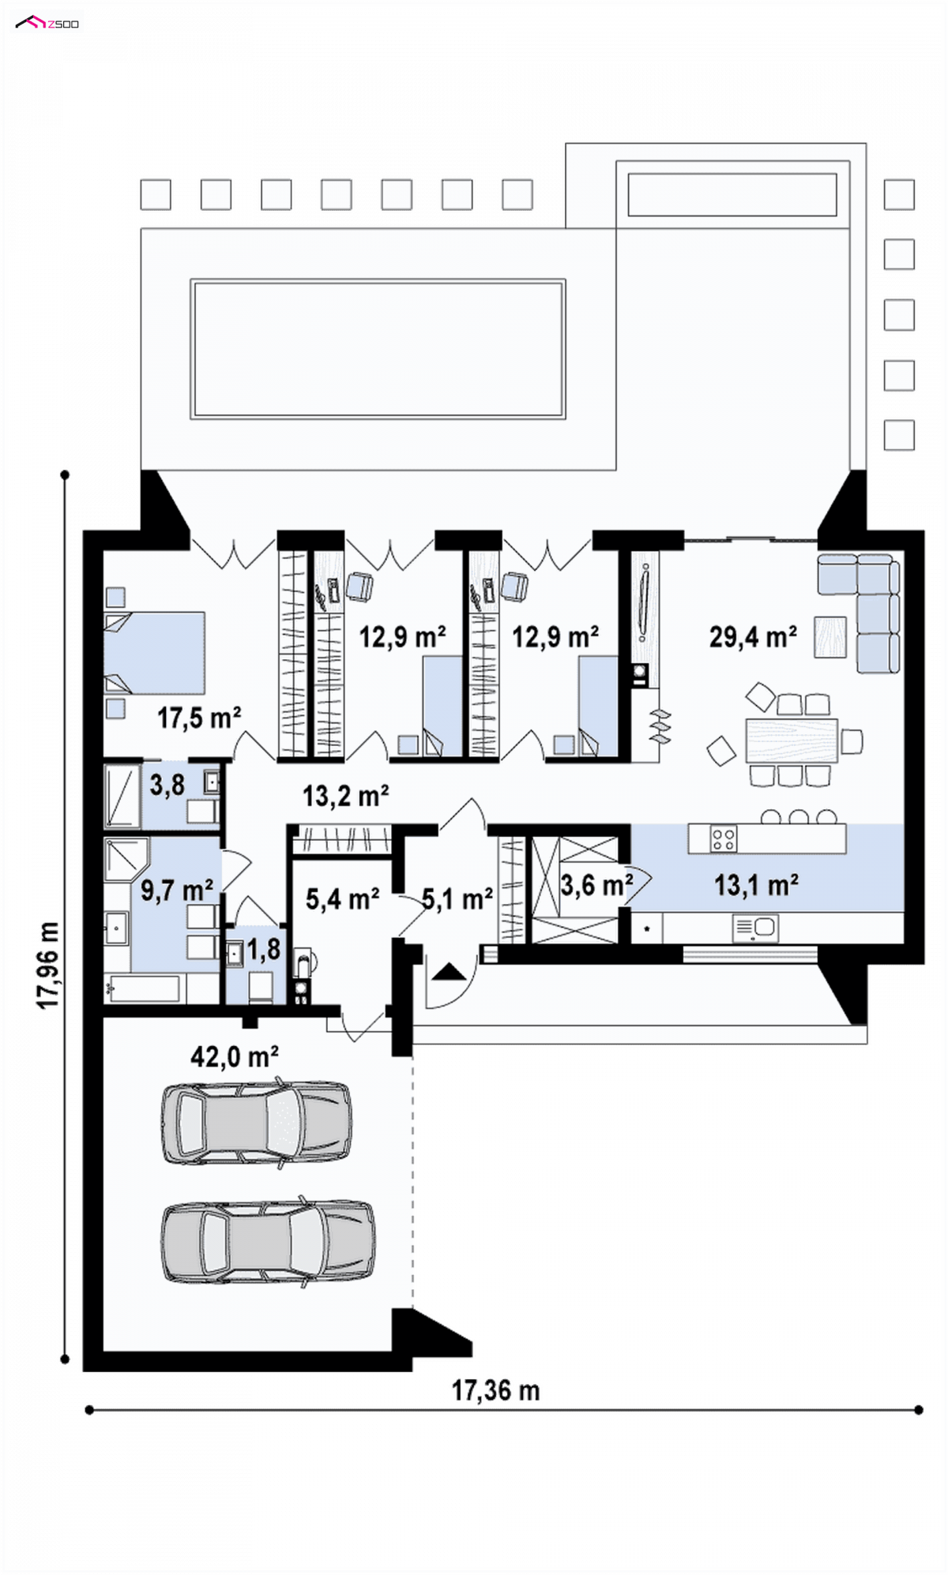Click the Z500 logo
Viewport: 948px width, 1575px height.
(47, 23)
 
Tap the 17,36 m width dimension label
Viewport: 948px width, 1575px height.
(495, 1390)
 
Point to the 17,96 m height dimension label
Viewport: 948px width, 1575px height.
(48, 965)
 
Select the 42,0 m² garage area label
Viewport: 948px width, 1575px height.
(235, 1056)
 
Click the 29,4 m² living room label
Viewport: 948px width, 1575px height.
(753, 636)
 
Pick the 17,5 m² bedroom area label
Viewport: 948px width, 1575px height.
(199, 718)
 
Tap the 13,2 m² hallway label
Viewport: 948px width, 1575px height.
(346, 796)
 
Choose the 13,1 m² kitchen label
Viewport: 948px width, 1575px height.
(756, 885)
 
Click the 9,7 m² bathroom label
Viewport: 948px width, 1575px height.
(177, 891)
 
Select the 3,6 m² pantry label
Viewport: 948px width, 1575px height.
(597, 885)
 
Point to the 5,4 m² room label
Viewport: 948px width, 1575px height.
(343, 898)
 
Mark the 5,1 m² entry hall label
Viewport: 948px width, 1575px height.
(457, 898)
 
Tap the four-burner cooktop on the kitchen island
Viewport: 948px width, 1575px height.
(723, 838)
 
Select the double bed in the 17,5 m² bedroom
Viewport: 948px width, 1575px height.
(155, 654)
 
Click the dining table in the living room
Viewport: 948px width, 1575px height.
(792, 741)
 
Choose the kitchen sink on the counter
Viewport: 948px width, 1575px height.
(756, 928)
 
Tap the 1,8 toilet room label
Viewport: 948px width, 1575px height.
(264, 950)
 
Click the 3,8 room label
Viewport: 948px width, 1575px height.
(167, 785)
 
